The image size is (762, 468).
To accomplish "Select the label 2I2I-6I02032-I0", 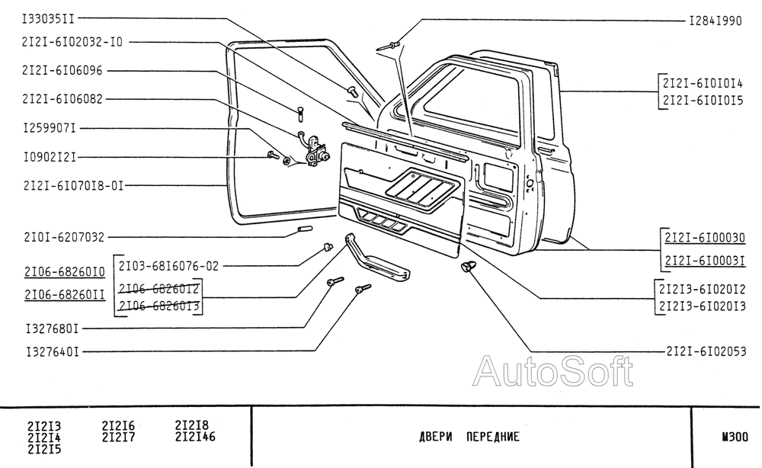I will click(72, 43).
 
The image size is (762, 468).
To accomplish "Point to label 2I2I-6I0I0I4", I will click(702, 82).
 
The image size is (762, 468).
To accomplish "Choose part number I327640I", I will click(52, 351).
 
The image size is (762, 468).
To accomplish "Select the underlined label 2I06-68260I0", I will click(64, 272).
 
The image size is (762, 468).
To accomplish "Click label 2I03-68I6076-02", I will click(168, 266).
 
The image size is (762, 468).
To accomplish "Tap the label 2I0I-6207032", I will click(64, 237).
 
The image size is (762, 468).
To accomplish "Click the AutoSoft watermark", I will click(553, 371).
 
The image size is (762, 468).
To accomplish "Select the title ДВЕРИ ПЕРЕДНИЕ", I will click(469, 437).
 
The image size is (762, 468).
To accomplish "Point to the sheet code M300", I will click(735, 437).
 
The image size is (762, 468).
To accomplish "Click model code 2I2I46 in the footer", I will click(195, 437).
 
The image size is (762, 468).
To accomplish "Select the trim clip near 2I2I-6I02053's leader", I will click(469, 267).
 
